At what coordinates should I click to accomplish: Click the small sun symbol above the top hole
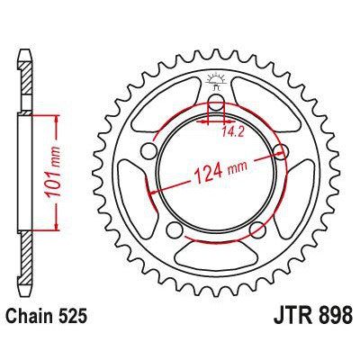217,77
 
